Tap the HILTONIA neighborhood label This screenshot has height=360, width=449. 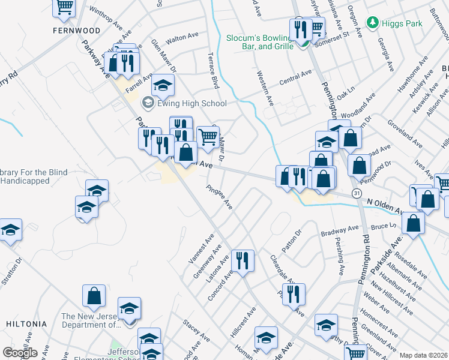point(26,323)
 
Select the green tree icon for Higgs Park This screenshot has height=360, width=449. point(373,23)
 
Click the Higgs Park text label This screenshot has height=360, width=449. point(402,23)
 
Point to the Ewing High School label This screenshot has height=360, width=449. point(184,103)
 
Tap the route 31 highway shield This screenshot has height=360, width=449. point(357,193)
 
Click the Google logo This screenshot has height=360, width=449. point(20,353)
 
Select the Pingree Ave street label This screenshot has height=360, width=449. point(219,197)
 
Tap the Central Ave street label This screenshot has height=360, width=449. point(296,76)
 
